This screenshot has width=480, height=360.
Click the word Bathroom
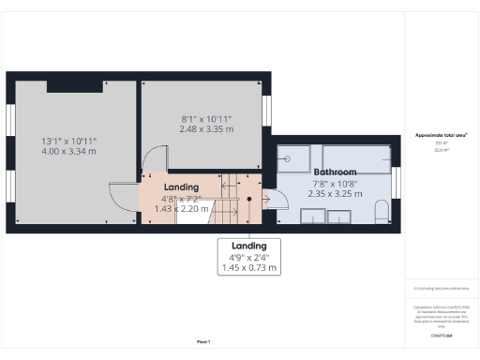click(335, 173)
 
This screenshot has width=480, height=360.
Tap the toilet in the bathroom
click(380, 217)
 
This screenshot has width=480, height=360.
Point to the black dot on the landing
click(249, 199)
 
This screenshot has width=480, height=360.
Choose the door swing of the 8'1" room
click(155, 159)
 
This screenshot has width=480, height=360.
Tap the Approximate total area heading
click(441, 135)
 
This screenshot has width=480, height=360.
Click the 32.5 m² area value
click(441, 149)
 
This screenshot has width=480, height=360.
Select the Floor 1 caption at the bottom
click(203, 341)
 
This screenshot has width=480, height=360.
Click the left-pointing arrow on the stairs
click(230, 187)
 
